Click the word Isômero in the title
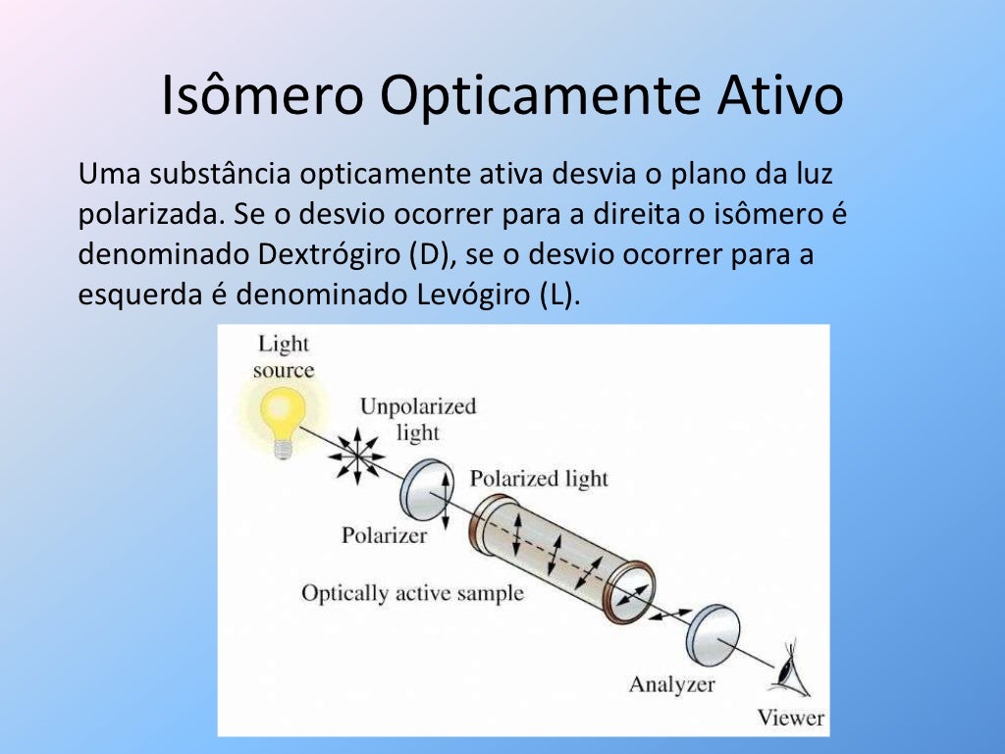tap(262, 96)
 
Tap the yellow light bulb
tap(283, 412)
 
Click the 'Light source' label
tap(283, 356)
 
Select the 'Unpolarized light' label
tap(417, 418)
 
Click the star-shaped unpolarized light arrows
tap(356, 455)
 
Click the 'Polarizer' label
tap(385, 536)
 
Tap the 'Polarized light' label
tap(539, 478)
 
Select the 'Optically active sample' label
tap(412, 593)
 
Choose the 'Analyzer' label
tap(671, 684)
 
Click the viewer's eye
tap(789, 673)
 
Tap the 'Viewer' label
tap(790, 718)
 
